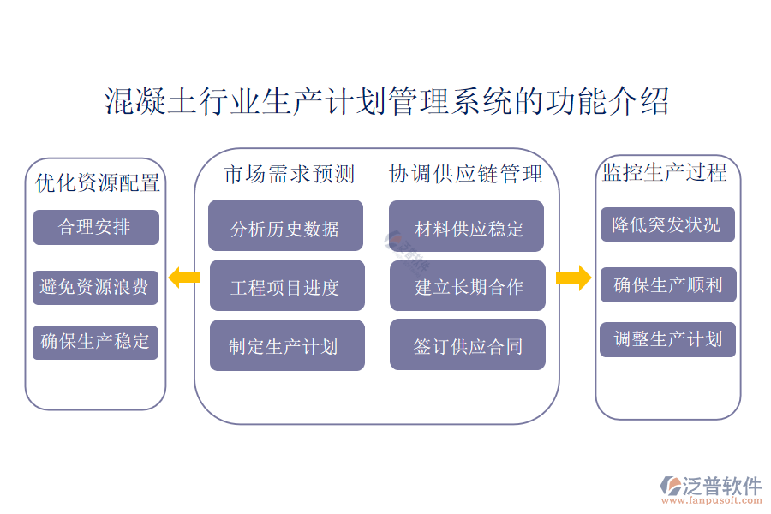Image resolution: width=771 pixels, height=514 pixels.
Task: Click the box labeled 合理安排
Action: coord(96,227)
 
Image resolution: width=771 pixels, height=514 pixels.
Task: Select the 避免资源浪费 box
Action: coord(96,287)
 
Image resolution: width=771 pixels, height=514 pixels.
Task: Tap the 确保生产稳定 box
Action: coord(96,342)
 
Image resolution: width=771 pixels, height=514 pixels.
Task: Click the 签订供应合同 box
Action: coord(468,345)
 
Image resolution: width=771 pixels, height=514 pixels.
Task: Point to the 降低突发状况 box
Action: coord(667,224)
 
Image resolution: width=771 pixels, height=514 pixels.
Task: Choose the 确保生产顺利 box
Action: coord(667,284)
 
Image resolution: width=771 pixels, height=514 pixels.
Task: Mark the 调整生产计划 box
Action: coord(667,339)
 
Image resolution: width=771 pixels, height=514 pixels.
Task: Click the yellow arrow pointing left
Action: coord(183,277)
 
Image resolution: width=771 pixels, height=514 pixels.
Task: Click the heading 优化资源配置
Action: coord(97,182)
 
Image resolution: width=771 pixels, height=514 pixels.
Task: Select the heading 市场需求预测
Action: coord(290,175)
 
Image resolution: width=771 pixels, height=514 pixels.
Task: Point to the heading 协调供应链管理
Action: coord(466,175)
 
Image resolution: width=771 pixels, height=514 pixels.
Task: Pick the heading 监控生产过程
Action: coord(665,173)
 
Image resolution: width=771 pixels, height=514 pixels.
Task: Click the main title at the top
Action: coord(385,101)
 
